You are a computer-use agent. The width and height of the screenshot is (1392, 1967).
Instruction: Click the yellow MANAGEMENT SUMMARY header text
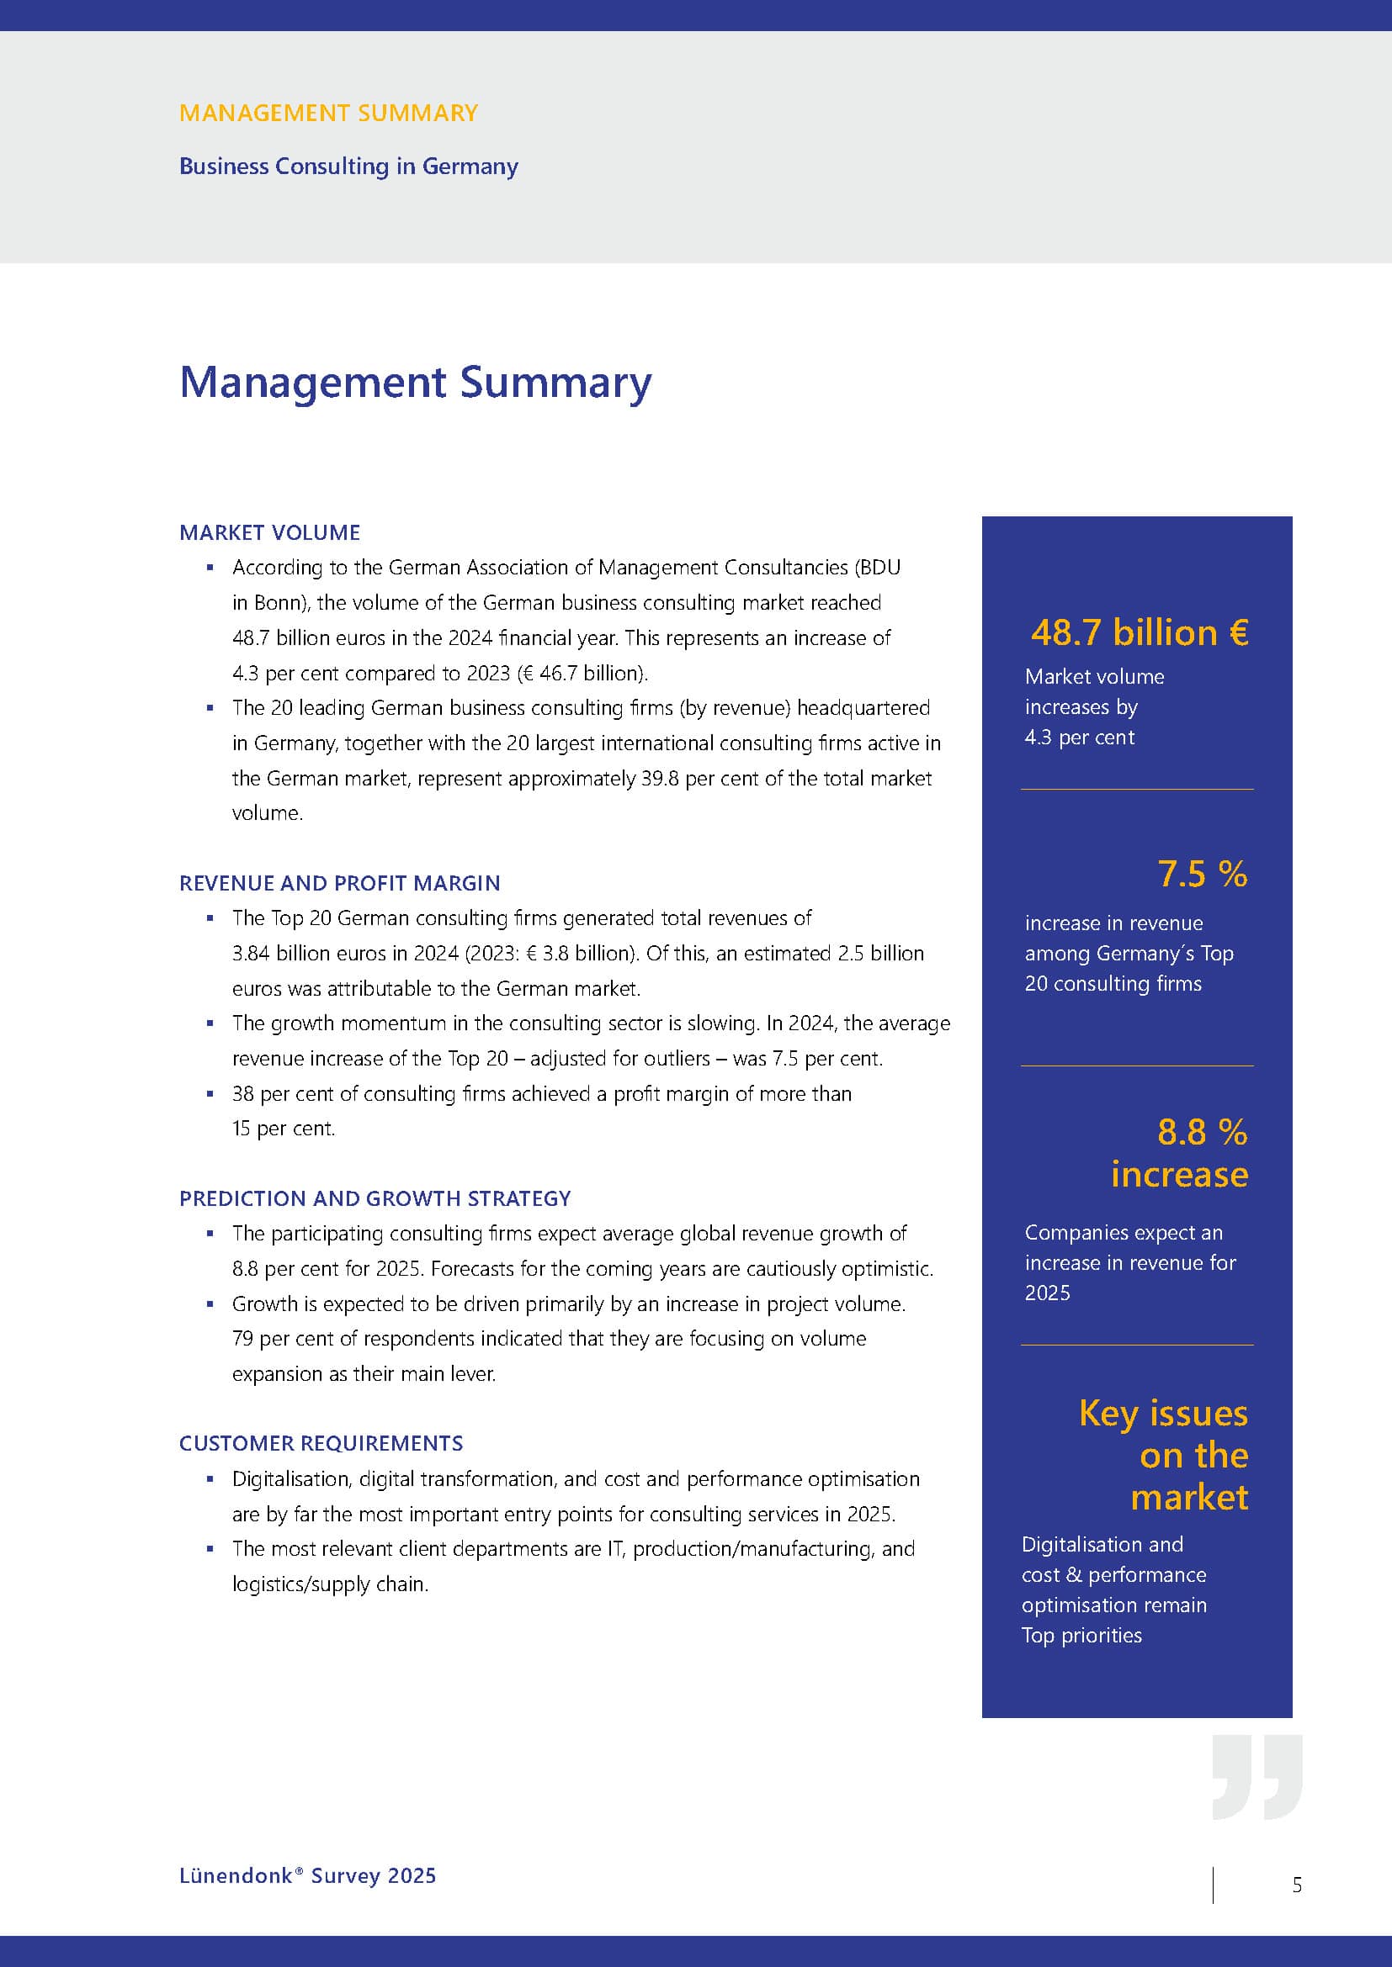tap(328, 113)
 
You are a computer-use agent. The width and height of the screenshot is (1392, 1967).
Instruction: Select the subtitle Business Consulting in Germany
tap(348, 167)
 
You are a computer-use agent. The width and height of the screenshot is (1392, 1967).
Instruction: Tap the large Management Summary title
tap(415, 382)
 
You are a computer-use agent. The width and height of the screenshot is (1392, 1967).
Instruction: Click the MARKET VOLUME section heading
tap(269, 533)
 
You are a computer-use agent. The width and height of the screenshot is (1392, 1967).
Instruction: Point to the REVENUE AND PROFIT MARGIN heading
tap(339, 883)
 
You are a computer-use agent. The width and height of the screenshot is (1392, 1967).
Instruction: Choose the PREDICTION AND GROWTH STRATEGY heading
tap(375, 1198)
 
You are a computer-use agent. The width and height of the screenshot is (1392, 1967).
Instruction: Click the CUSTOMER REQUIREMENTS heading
tap(321, 1444)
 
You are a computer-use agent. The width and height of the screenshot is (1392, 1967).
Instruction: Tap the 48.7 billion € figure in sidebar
tap(1140, 633)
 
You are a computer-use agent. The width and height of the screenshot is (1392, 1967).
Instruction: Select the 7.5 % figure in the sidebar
tap(1202, 874)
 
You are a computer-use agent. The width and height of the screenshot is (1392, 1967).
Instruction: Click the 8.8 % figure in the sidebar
tap(1202, 1132)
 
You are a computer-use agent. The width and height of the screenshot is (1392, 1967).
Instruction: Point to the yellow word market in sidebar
tap(1189, 1498)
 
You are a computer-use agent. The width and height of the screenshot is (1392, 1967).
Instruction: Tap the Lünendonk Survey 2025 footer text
tap(308, 1875)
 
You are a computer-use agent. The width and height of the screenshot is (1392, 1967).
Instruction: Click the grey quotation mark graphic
tap(1257, 1778)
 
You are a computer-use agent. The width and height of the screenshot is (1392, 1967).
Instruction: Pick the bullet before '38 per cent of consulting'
tap(210, 1094)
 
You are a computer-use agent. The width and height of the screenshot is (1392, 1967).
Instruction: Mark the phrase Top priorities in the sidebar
tap(1081, 1636)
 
